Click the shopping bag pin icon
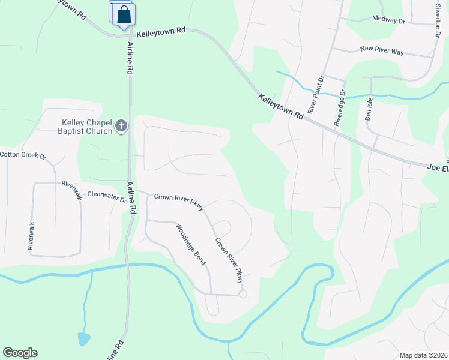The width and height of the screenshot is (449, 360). tap(124, 14)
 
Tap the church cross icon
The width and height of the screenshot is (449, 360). tap(121, 126)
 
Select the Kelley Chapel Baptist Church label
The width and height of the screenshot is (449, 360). tap(86, 127)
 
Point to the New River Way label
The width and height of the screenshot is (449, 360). tap(381, 50)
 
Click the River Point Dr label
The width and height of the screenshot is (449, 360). tap(316, 95)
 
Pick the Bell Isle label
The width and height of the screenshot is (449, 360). tap(369, 109)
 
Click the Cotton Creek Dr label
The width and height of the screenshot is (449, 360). tap(23, 155)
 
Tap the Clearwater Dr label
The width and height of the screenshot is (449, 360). tap(107, 196)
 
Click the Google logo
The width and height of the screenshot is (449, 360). tap(20, 353)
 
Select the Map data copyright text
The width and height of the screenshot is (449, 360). tap(423, 355)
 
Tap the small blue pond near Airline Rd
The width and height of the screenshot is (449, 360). tap(84, 340)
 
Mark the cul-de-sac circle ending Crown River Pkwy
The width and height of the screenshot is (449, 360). tap(242, 293)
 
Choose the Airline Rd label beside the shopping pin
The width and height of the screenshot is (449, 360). tap(130, 58)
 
